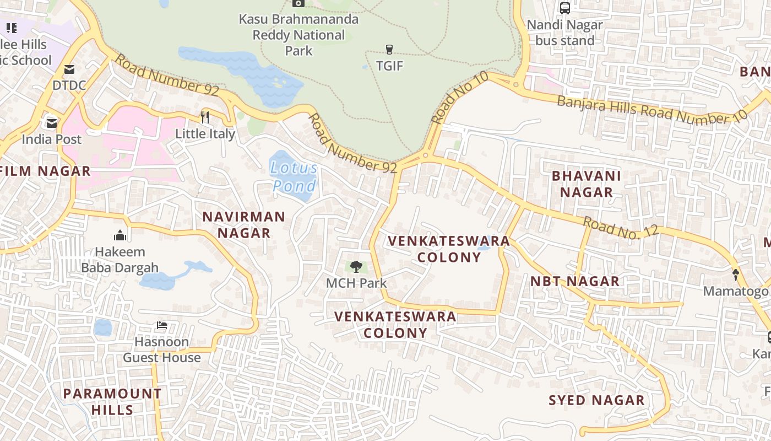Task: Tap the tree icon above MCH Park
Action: (x=356, y=267)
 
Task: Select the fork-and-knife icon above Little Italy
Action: (x=205, y=117)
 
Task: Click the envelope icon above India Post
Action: (x=52, y=122)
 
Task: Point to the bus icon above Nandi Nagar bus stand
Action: (x=564, y=8)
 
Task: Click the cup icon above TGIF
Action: (x=389, y=49)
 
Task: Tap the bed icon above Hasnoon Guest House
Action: (x=161, y=325)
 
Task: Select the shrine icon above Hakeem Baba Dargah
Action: (x=120, y=236)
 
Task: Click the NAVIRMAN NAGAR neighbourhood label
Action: (x=243, y=224)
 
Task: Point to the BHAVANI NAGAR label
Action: (x=586, y=184)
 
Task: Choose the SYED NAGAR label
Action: (x=596, y=400)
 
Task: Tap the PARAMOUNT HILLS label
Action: (x=112, y=401)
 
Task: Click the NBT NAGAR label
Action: (x=574, y=281)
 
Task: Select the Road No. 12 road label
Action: (x=621, y=228)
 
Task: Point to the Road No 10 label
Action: (x=460, y=98)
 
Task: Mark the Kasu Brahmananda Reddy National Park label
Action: (x=298, y=35)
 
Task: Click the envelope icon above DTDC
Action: (x=69, y=69)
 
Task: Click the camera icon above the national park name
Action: (x=298, y=3)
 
